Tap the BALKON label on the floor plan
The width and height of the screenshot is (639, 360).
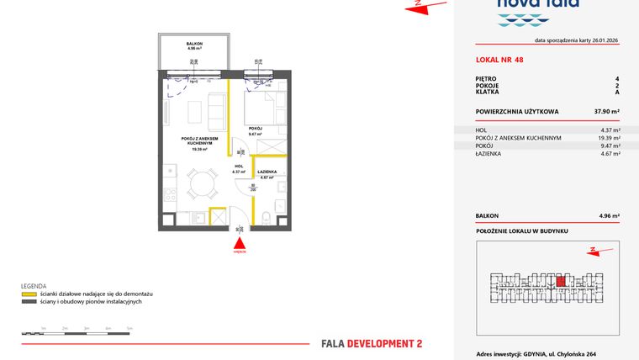pyautogui.click(x=193, y=45)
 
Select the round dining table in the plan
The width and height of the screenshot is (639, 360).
pyautogui.click(x=199, y=182)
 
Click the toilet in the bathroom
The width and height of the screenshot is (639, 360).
pyautogui.click(x=266, y=220)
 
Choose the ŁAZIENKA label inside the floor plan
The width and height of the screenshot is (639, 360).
pyautogui.click(x=267, y=172)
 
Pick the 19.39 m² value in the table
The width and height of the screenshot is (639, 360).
pyautogui.click(x=609, y=138)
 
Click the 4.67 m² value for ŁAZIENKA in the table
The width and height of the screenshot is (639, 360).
pyautogui.click(x=609, y=154)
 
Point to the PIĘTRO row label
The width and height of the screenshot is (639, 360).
pyautogui.click(x=485, y=78)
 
